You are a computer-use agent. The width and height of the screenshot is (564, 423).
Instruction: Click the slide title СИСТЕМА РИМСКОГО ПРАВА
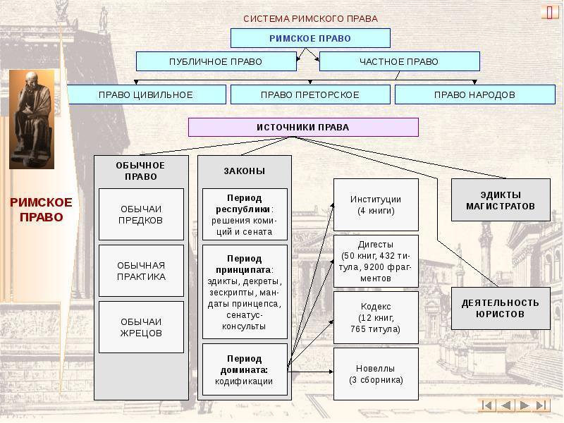click(x=310, y=18)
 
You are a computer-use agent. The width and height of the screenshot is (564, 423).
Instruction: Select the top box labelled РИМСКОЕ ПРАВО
click(x=310, y=38)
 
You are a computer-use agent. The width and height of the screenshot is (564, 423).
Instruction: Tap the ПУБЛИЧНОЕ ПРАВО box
click(x=215, y=61)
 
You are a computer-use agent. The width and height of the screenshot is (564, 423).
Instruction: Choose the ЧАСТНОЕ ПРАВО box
click(x=399, y=61)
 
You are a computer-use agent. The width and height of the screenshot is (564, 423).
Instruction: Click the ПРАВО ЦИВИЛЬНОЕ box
click(x=146, y=94)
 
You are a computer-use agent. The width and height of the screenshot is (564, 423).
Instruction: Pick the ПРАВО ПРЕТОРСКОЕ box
click(x=310, y=94)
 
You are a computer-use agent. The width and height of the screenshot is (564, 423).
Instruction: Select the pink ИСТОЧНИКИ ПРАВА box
click(x=302, y=127)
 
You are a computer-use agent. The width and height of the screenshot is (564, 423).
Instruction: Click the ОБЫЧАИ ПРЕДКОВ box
click(x=141, y=214)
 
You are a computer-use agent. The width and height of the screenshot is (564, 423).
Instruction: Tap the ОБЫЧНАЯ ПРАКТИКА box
click(x=141, y=271)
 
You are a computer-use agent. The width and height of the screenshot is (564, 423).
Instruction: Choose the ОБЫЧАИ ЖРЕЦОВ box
click(x=141, y=327)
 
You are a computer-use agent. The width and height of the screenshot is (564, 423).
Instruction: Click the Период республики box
click(x=245, y=214)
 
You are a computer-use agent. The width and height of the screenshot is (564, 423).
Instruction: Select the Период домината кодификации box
click(x=245, y=369)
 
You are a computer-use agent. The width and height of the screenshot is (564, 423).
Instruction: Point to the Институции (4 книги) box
click(x=376, y=204)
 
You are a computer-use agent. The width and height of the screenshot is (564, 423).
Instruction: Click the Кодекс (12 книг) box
click(x=376, y=317)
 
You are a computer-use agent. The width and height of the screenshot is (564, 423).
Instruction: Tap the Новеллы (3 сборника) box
click(x=376, y=374)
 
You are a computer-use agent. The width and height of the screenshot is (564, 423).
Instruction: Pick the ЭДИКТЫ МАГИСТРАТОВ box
click(x=500, y=200)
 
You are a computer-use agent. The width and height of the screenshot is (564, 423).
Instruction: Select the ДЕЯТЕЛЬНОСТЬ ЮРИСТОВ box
click(x=500, y=308)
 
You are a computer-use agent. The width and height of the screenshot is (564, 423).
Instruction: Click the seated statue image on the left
click(x=31, y=119)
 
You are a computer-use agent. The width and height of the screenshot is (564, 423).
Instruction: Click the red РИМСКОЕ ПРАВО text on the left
click(x=31, y=209)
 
